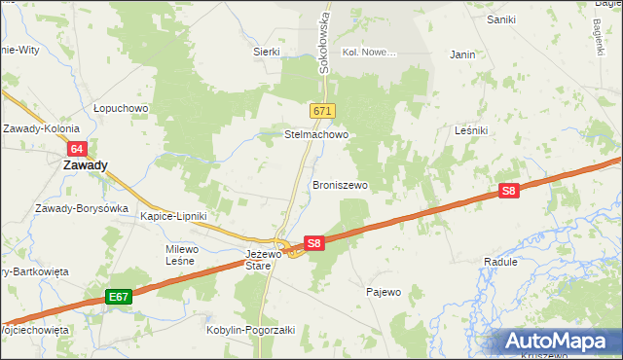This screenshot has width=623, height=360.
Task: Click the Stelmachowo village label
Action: pos(315,134)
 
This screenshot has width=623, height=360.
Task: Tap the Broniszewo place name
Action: pos(340,184)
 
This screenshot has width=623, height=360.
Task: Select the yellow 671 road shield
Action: pos(324,112)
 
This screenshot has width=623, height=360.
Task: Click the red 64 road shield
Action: pos(79,148)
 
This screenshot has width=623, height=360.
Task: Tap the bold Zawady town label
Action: pos(85,165)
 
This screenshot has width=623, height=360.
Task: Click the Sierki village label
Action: pos(267,52)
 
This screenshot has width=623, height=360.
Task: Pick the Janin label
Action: pos(462,55)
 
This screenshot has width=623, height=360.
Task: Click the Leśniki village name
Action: pos(475,130)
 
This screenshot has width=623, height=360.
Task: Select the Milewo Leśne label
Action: pos(182,256)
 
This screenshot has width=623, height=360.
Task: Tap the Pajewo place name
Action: pos(384,292)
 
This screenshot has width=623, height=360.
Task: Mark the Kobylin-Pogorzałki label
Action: pos(248,330)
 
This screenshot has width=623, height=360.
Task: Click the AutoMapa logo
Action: pos(558,342)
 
